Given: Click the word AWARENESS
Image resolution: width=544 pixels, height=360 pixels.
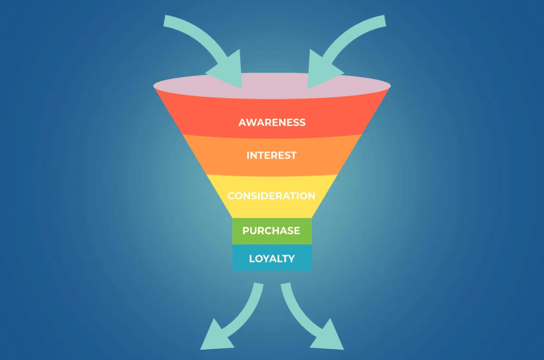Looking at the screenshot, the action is pos(272,123).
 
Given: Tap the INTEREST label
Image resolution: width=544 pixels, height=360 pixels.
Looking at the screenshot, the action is pos(272,155).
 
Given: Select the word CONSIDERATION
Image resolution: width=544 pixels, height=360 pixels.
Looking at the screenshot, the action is pos(272,196).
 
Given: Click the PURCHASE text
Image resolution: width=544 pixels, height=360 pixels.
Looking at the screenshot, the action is pos(272,231).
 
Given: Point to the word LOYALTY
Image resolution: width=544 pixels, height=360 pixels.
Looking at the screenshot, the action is pos(272,258).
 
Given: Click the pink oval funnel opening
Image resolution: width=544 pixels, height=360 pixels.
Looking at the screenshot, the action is pos(272,86).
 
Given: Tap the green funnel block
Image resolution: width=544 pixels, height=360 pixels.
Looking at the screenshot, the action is pos(272,231).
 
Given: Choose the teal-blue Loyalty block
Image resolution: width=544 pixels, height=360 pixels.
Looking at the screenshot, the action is pos(272,257).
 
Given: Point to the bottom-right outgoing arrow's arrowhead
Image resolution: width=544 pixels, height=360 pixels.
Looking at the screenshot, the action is pos(328,337).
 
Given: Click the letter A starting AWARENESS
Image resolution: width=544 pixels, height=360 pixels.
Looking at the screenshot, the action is pos(243,123).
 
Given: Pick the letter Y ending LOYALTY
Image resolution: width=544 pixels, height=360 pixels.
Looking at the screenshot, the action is pos(291,258).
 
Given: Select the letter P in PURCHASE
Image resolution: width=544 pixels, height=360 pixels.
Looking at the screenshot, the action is pos(246,231).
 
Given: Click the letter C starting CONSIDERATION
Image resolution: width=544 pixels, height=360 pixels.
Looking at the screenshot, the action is pos(231,196).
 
